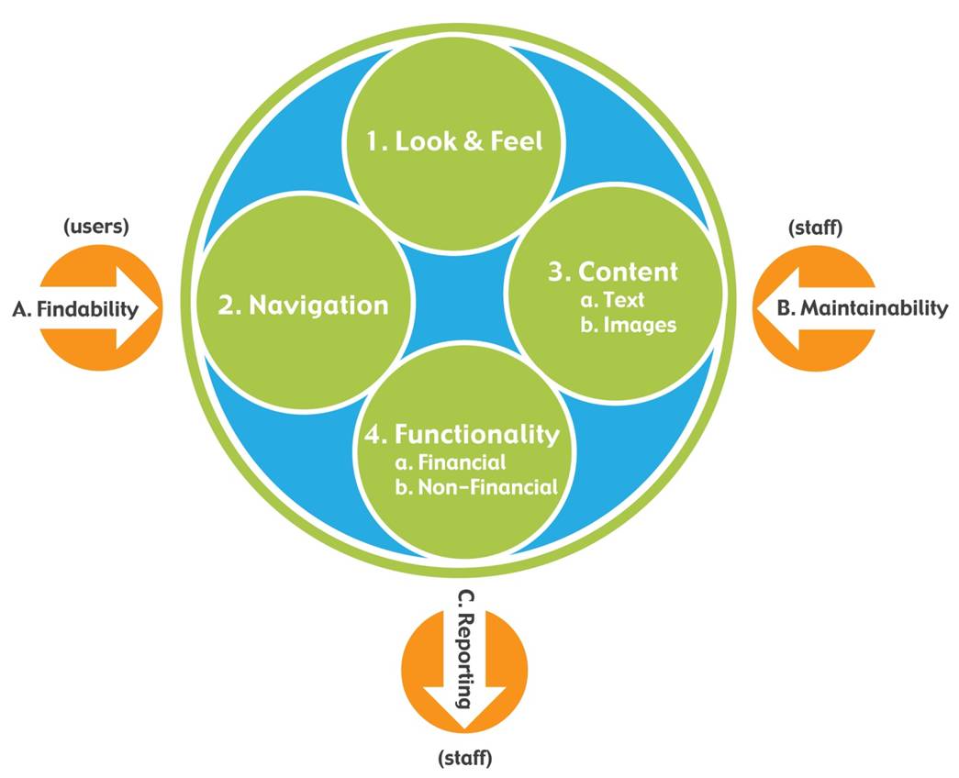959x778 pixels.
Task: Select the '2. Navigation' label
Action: tap(303, 306)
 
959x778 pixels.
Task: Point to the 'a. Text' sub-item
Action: tap(612, 300)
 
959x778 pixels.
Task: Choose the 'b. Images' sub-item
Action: tap(628, 325)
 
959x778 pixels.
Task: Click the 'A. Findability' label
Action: tap(75, 309)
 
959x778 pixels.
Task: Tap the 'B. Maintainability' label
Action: tap(862, 308)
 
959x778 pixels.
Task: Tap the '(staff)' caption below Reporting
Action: tap(465, 758)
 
